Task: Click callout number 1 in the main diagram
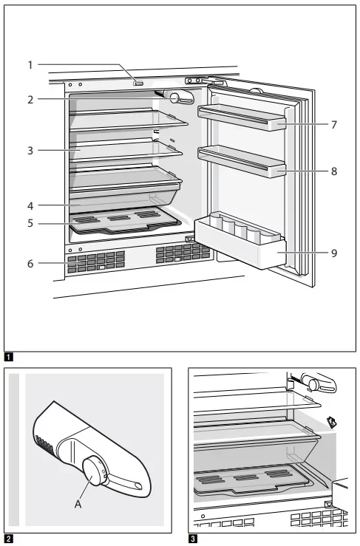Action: point(30,65)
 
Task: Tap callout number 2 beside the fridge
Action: point(30,100)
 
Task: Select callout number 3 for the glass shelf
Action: point(30,151)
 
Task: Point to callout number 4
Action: point(30,206)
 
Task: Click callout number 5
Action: point(30,223)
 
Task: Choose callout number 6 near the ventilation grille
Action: point(30,264)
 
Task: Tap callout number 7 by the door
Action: point(334,125)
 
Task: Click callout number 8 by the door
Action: point(334,171)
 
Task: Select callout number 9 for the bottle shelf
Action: point(334,253)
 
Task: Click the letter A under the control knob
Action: point(78,504)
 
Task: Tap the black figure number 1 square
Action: point(9,357)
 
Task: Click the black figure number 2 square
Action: point(9,539)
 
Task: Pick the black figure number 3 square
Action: point(193,539)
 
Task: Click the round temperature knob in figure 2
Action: point(93,471)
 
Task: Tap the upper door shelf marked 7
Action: point(242,117)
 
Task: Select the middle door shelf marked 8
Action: point(242,161)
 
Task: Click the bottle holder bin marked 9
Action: point(240,240)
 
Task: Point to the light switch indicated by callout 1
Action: point(138,83)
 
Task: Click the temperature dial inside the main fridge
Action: point(174,98)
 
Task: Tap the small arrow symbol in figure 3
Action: point(332,423)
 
